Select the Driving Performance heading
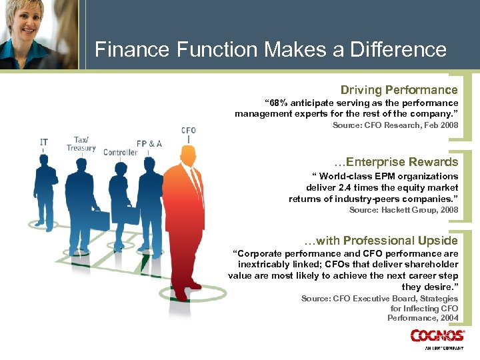coord(399,90)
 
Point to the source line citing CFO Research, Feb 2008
coord(395,125)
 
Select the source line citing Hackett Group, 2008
coord(403,210)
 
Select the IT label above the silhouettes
coord(44,141)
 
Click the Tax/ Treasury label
coord(81,144)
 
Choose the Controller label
coord(120,153)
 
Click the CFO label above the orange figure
coord(189,130)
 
